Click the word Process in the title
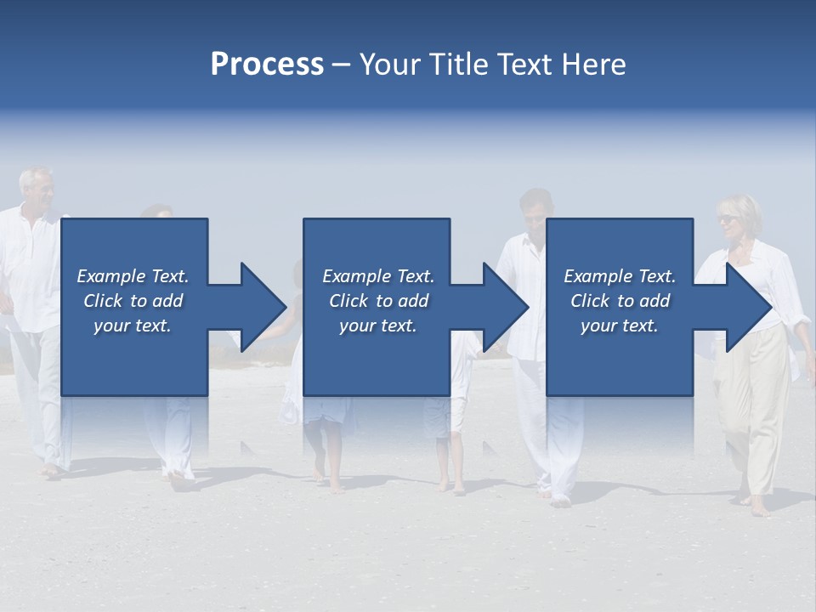click(x=267, y=65)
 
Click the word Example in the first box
click(x=111, y=276)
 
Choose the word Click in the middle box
click(x=349, y=301)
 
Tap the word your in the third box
click(x=599, y=326)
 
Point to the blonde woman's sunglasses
click(x=728, y=219)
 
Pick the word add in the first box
click(x=169, y=301)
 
